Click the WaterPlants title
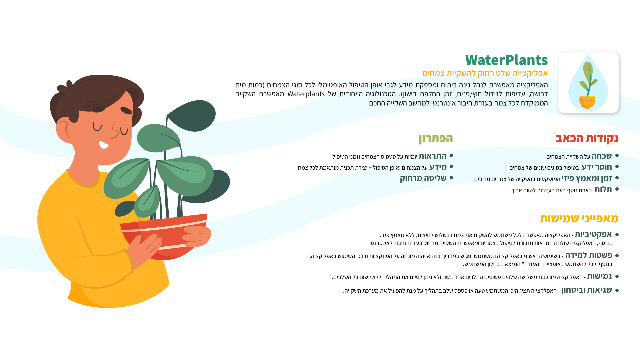pos(506,60)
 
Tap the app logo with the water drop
pos(588,83)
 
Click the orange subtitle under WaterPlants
pos(485,73)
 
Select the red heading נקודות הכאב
pos(587,138)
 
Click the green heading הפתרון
pos(436,138)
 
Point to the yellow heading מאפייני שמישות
pos(579,218)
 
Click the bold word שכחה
pos(602,156)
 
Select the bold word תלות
pos(603,190)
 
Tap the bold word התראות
pos(432,156)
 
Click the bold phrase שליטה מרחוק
pos(423,178)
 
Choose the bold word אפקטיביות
pos(593,234)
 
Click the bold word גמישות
pos(599,276)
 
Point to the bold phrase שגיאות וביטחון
pos(587,290)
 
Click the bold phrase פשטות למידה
pos(589,255)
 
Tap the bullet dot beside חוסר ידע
pos(617,167)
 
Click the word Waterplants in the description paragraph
pos(306,94)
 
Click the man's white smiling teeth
pos(104,144)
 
